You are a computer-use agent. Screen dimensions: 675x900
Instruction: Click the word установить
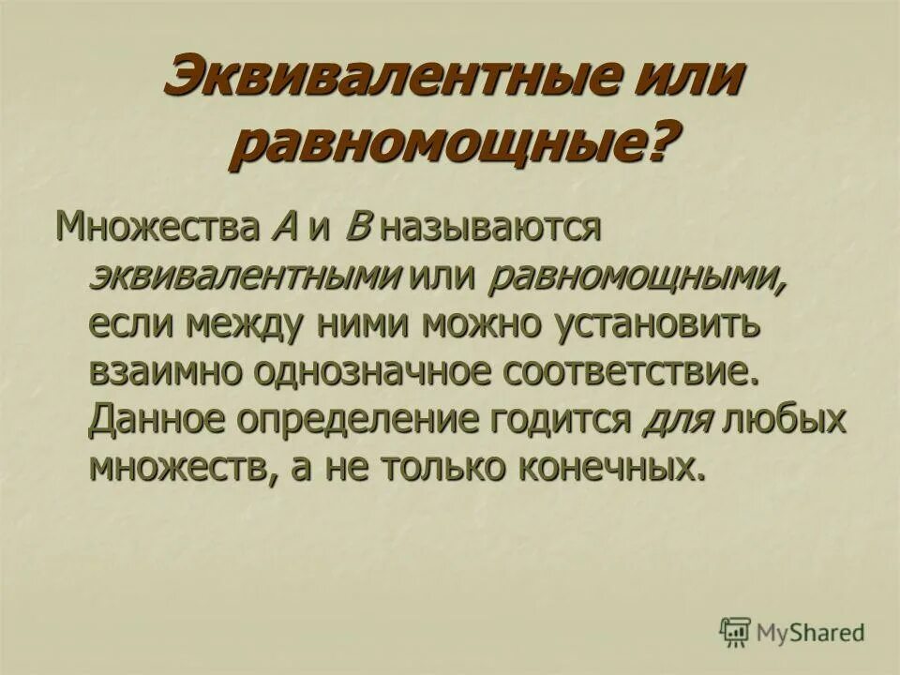pos(654,324)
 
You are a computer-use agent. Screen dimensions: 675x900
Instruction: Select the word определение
pos(361,419)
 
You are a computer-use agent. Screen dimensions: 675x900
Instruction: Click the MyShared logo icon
pos(736,633)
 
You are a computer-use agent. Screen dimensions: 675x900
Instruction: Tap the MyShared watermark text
pos(811,633)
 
